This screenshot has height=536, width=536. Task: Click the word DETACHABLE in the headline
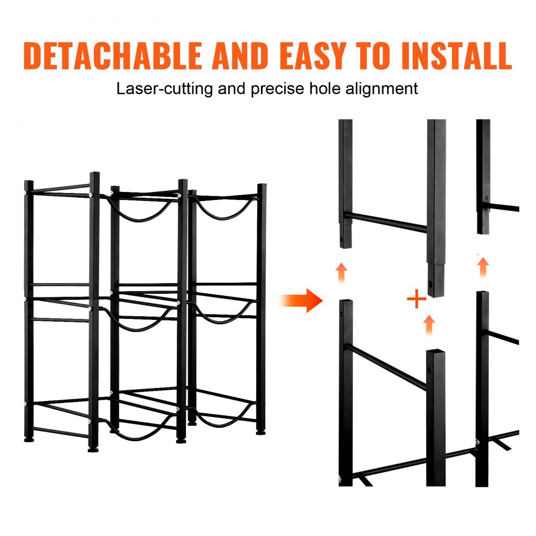click(x=113, y=55)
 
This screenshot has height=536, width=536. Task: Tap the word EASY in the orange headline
click(x=309, y=55)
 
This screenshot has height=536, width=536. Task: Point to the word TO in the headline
click(x=374, y=55)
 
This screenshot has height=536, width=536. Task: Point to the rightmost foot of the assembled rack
click(x=260, y=430)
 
